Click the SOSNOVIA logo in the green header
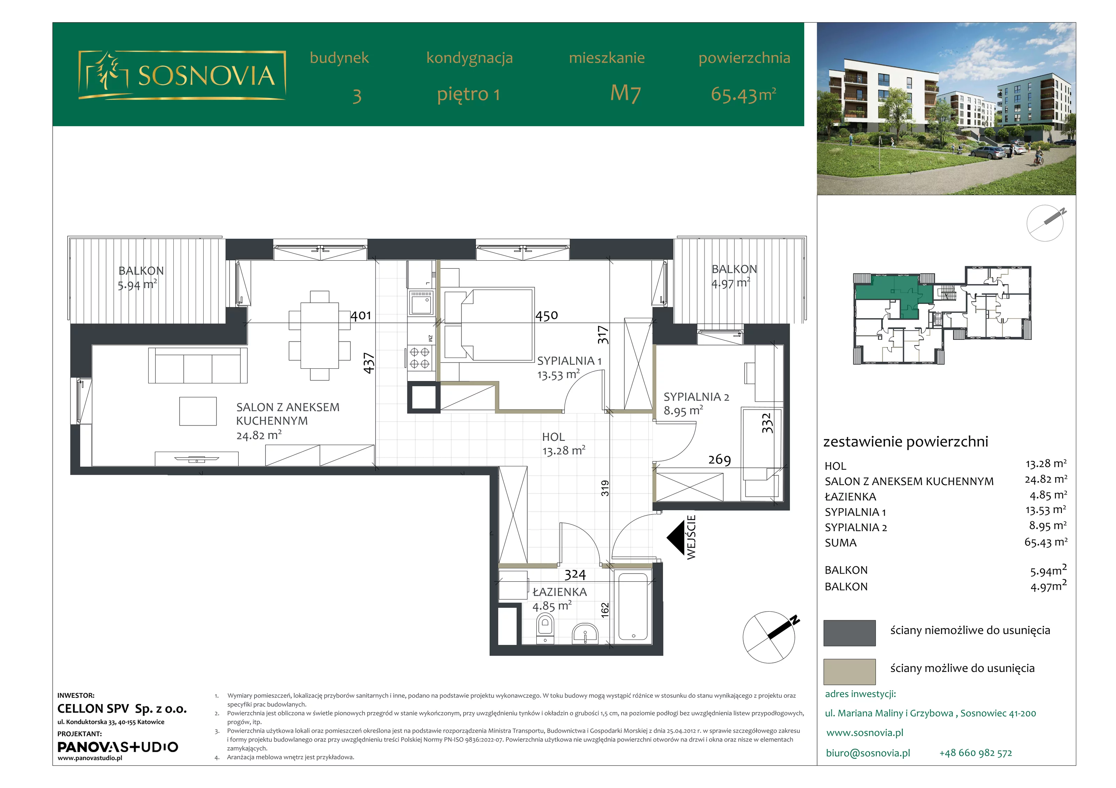182,75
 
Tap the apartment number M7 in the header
626,93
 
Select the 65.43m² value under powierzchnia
743,94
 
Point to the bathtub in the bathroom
633,607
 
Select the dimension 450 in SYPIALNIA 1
547,316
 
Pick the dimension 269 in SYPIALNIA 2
719,460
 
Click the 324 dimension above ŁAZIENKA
575,575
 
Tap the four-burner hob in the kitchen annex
420,357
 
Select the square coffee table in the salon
198,411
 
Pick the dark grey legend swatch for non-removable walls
849,633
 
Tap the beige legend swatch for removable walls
849,671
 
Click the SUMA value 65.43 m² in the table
1046,542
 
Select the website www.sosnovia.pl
865,733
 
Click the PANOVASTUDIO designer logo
118,747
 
